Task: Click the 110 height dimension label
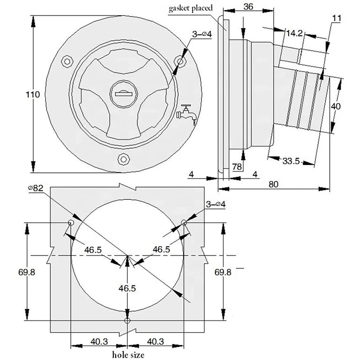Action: pos(32,94)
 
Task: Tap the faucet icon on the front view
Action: pos(187,114)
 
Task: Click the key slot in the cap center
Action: pos(124,94)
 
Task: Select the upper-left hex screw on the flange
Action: pos(67,61)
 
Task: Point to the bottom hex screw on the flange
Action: pos(124,159)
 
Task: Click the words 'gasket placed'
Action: pos(190,9)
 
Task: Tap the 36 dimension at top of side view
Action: pos(248,7)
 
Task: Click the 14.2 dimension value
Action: pos(294,33)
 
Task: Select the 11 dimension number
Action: pos(337,18)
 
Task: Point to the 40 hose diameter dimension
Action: pos(336,106)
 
